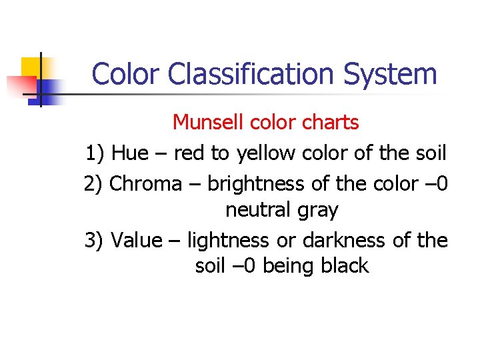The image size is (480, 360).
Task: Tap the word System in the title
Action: [391, 74]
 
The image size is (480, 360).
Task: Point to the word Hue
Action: [131, 153]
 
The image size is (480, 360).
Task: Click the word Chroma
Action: [145, 183]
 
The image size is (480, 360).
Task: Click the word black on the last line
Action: [344, 266]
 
